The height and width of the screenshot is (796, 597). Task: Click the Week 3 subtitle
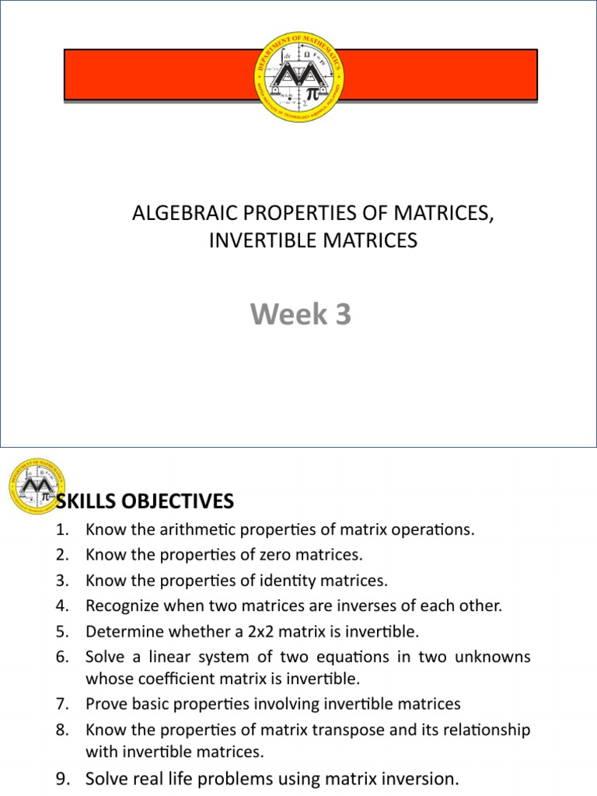click(300, 315)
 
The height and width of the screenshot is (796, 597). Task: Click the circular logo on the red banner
click(301, 76)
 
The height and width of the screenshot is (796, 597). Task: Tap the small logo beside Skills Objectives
click(36, 487)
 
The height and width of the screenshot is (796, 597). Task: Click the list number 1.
click(63, 530)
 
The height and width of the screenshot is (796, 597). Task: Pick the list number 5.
click(63, 630)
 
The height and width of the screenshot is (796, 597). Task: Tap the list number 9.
click(63, 779)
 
